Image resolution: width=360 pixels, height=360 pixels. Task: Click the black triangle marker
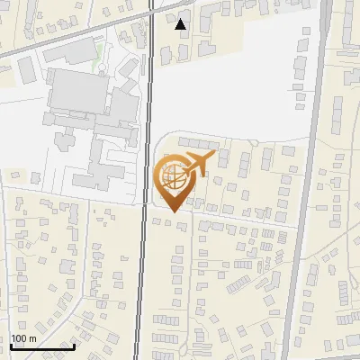(x=181, y=24)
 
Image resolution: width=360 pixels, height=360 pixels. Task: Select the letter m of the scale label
(x=32, y=338)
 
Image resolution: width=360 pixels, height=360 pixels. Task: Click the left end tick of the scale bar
(x=11, y=345)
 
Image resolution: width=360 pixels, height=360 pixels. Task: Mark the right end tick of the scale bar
(x=74, y=345)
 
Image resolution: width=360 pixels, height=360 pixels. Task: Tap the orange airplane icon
(x=199, y=164)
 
